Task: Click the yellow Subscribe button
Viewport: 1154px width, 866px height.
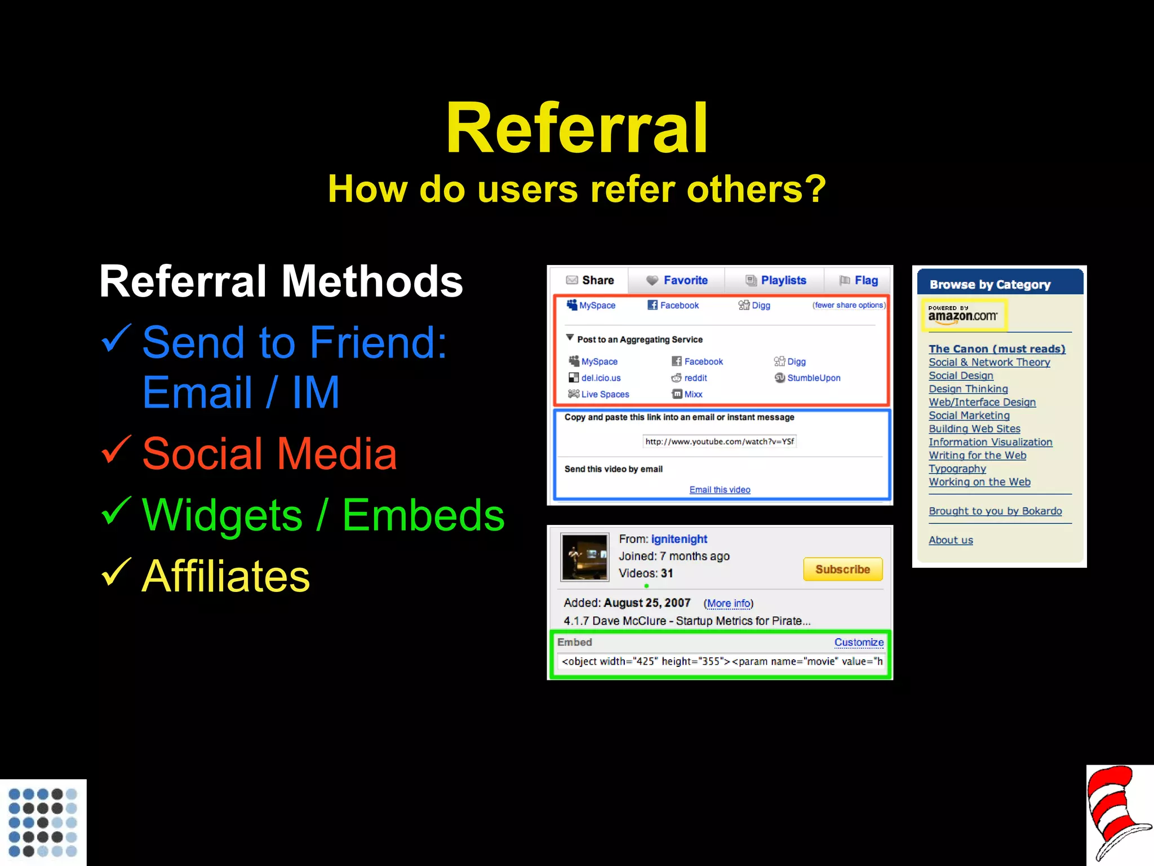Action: [842, 569]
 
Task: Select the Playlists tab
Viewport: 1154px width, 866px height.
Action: [776, 280]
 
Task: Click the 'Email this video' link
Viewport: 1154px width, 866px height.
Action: [720, 489]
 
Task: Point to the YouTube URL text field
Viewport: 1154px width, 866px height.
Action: [720, 441]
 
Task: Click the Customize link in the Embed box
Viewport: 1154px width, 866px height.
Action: [859, 642]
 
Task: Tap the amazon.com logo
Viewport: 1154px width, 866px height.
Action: [963, 315]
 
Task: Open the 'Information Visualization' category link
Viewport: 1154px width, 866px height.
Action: [990, 442]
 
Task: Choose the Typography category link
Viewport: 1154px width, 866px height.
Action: [957, 469]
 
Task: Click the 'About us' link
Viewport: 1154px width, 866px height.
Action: [951, 540]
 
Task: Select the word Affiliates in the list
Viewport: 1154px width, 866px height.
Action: [225, 576]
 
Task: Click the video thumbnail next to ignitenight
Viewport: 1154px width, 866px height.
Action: [585, 557]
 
